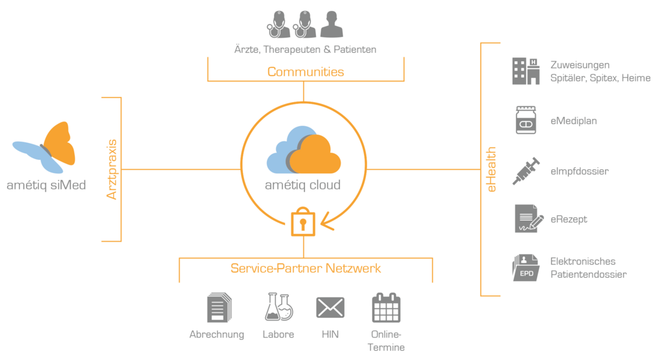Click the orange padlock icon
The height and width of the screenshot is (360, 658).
click(x=302, y=221)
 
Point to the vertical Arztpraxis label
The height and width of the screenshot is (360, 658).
click(x=112, y=169)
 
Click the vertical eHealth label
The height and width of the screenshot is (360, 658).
click(x=491, y=169)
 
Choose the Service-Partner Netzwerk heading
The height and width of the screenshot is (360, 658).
click(x=306, y=268)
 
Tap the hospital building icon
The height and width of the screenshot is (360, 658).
click(x=525, y=70)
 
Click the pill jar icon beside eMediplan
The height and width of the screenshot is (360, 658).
click(x=525, y=120)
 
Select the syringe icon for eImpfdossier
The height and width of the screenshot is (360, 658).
click(x=525, y=171)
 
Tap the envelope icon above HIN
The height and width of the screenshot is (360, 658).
click(x=330, y=308)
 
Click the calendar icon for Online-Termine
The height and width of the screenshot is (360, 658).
click(x=387, y=308)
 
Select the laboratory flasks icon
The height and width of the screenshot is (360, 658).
click(x=279, y=307)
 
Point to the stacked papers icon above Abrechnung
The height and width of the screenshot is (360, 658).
click(x=218, y=308)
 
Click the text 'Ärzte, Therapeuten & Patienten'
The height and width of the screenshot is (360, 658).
click(x=305, y=49)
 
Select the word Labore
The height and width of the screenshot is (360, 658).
click(x=279, y=334)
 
